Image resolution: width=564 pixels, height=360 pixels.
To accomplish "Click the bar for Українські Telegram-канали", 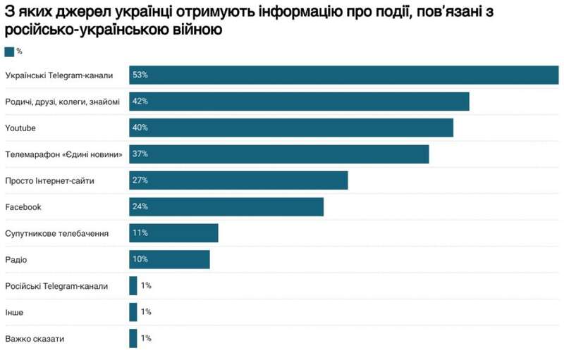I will point(343,75).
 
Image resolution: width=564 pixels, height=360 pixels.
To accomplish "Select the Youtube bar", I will point(290,128).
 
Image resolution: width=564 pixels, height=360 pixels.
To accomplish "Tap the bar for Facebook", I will point(226,206).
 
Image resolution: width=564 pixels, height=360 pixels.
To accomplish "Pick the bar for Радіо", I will point(169,259).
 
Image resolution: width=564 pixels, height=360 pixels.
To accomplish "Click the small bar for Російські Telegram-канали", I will point(133,285).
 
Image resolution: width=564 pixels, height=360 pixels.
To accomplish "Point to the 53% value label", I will point(140,75).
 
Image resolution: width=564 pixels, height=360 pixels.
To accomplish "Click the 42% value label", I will point(140,101).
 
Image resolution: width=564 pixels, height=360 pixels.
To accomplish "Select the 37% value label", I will point(140,154).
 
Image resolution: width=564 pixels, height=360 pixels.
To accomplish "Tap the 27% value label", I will point(140,180).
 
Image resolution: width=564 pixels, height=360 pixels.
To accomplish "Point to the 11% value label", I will point(140,233).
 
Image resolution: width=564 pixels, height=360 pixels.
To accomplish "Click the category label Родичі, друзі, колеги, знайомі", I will point(62,101).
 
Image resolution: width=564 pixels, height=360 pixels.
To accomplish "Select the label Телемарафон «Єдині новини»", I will point(64,154).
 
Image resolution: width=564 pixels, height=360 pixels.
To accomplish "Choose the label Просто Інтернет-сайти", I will point(49,180).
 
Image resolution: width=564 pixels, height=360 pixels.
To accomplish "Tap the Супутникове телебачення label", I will point(56,233).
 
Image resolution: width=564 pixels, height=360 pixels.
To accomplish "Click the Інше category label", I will point(14,312).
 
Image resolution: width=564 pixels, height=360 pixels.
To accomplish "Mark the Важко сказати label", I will point(35,338).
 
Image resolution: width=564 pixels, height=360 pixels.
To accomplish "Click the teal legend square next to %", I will point(9,51).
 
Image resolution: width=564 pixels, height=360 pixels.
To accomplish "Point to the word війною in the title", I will point(200,30).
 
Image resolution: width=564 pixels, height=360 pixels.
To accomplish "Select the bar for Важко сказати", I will point(133,338).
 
